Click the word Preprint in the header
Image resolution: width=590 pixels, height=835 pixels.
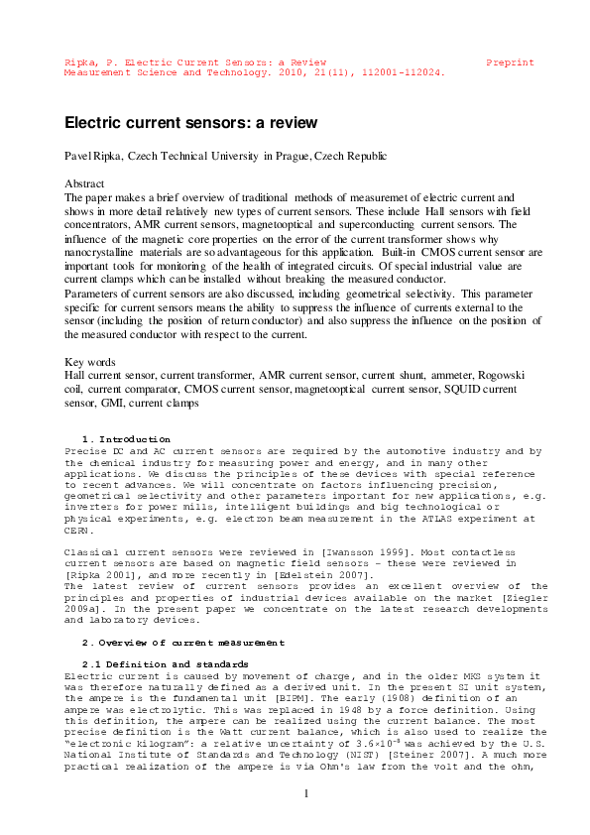click(x=510, y=61)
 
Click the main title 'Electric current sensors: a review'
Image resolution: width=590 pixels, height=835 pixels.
click(x=190, y=123)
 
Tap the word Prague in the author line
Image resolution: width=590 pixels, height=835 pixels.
click(x=290, y=157)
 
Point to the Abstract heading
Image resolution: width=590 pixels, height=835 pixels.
click(x=84, y=184)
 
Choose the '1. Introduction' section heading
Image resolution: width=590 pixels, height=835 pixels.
click(x=126, y=439)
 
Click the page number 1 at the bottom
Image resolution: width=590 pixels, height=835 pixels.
click(x=306, y=793)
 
